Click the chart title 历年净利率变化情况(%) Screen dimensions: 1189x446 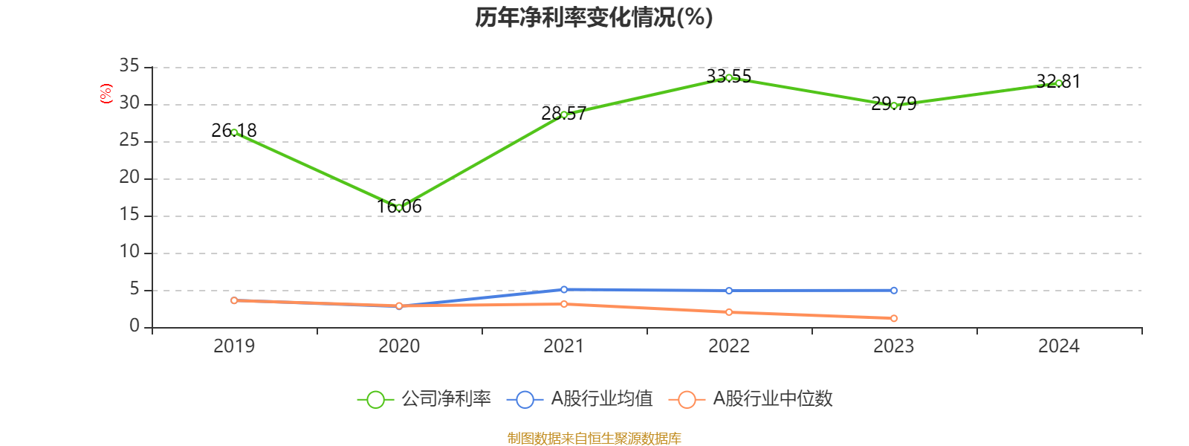click(x=594, y=18)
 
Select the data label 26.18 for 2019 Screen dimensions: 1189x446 click(x=234, y=131)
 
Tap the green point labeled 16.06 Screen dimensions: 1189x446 click(x=399, y=207)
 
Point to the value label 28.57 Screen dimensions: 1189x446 click(x=564, y=114)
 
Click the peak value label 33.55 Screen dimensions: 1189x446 click(x=729, y=77)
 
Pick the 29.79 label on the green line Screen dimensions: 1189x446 click(x=894, y=104)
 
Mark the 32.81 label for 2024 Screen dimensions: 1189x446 click(x=1058, y=82)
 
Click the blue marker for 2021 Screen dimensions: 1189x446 click(x=564, y=289)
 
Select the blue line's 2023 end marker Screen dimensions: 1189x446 click(x=894, y=291)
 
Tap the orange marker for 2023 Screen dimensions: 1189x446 click(x=894, y=319)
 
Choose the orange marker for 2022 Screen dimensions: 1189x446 click(x=729, y=312)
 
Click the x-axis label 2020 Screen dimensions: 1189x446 click(x=399, y=346)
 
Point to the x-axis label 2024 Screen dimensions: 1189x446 click(x=1058, y=346)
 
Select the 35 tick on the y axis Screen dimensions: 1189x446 click(x=129, y=66)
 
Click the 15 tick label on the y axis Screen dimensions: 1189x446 click(x=129, y=215)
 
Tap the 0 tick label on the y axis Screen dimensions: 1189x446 click(x=135, y=326)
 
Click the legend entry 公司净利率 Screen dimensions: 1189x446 click(x=424, y=399)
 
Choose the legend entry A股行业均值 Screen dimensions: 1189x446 click(x=580, y=399)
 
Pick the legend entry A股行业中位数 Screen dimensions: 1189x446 click(x=751, y=399)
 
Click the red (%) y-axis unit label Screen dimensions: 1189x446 click(x=106, y=94)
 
